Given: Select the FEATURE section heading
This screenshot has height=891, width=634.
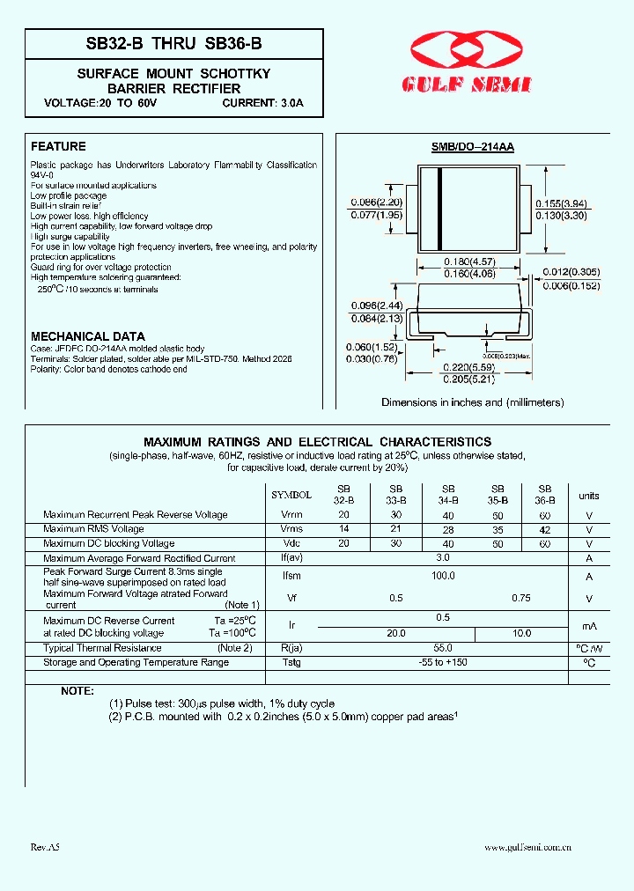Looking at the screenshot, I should click(x=58, y=147).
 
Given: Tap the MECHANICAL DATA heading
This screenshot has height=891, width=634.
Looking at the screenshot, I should click(x=88, y=337).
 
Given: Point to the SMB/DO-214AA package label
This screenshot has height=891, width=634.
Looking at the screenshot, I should click(x=473, y=149).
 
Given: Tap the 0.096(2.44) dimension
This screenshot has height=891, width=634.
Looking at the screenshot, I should click(x=377, y=306).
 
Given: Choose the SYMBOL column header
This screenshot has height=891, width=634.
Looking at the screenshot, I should click(x=291, y=496).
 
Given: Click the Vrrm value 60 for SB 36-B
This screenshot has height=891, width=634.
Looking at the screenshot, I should click(x=545, y=515).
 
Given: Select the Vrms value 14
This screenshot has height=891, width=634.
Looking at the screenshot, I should click(x=343, y=529).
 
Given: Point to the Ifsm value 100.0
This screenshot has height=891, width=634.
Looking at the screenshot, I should click(x=443, y=575).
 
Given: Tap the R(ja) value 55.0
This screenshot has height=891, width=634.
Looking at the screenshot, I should click(x=443, y=648).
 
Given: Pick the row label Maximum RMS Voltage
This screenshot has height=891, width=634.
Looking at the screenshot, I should click(x=93, y=529).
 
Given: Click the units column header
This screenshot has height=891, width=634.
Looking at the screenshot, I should click(x=588, y=496).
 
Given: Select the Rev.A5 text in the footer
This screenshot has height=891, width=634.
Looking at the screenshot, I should click(x=45, y=847).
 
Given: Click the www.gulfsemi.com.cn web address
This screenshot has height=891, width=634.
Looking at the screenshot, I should click(x=528, y=847).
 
